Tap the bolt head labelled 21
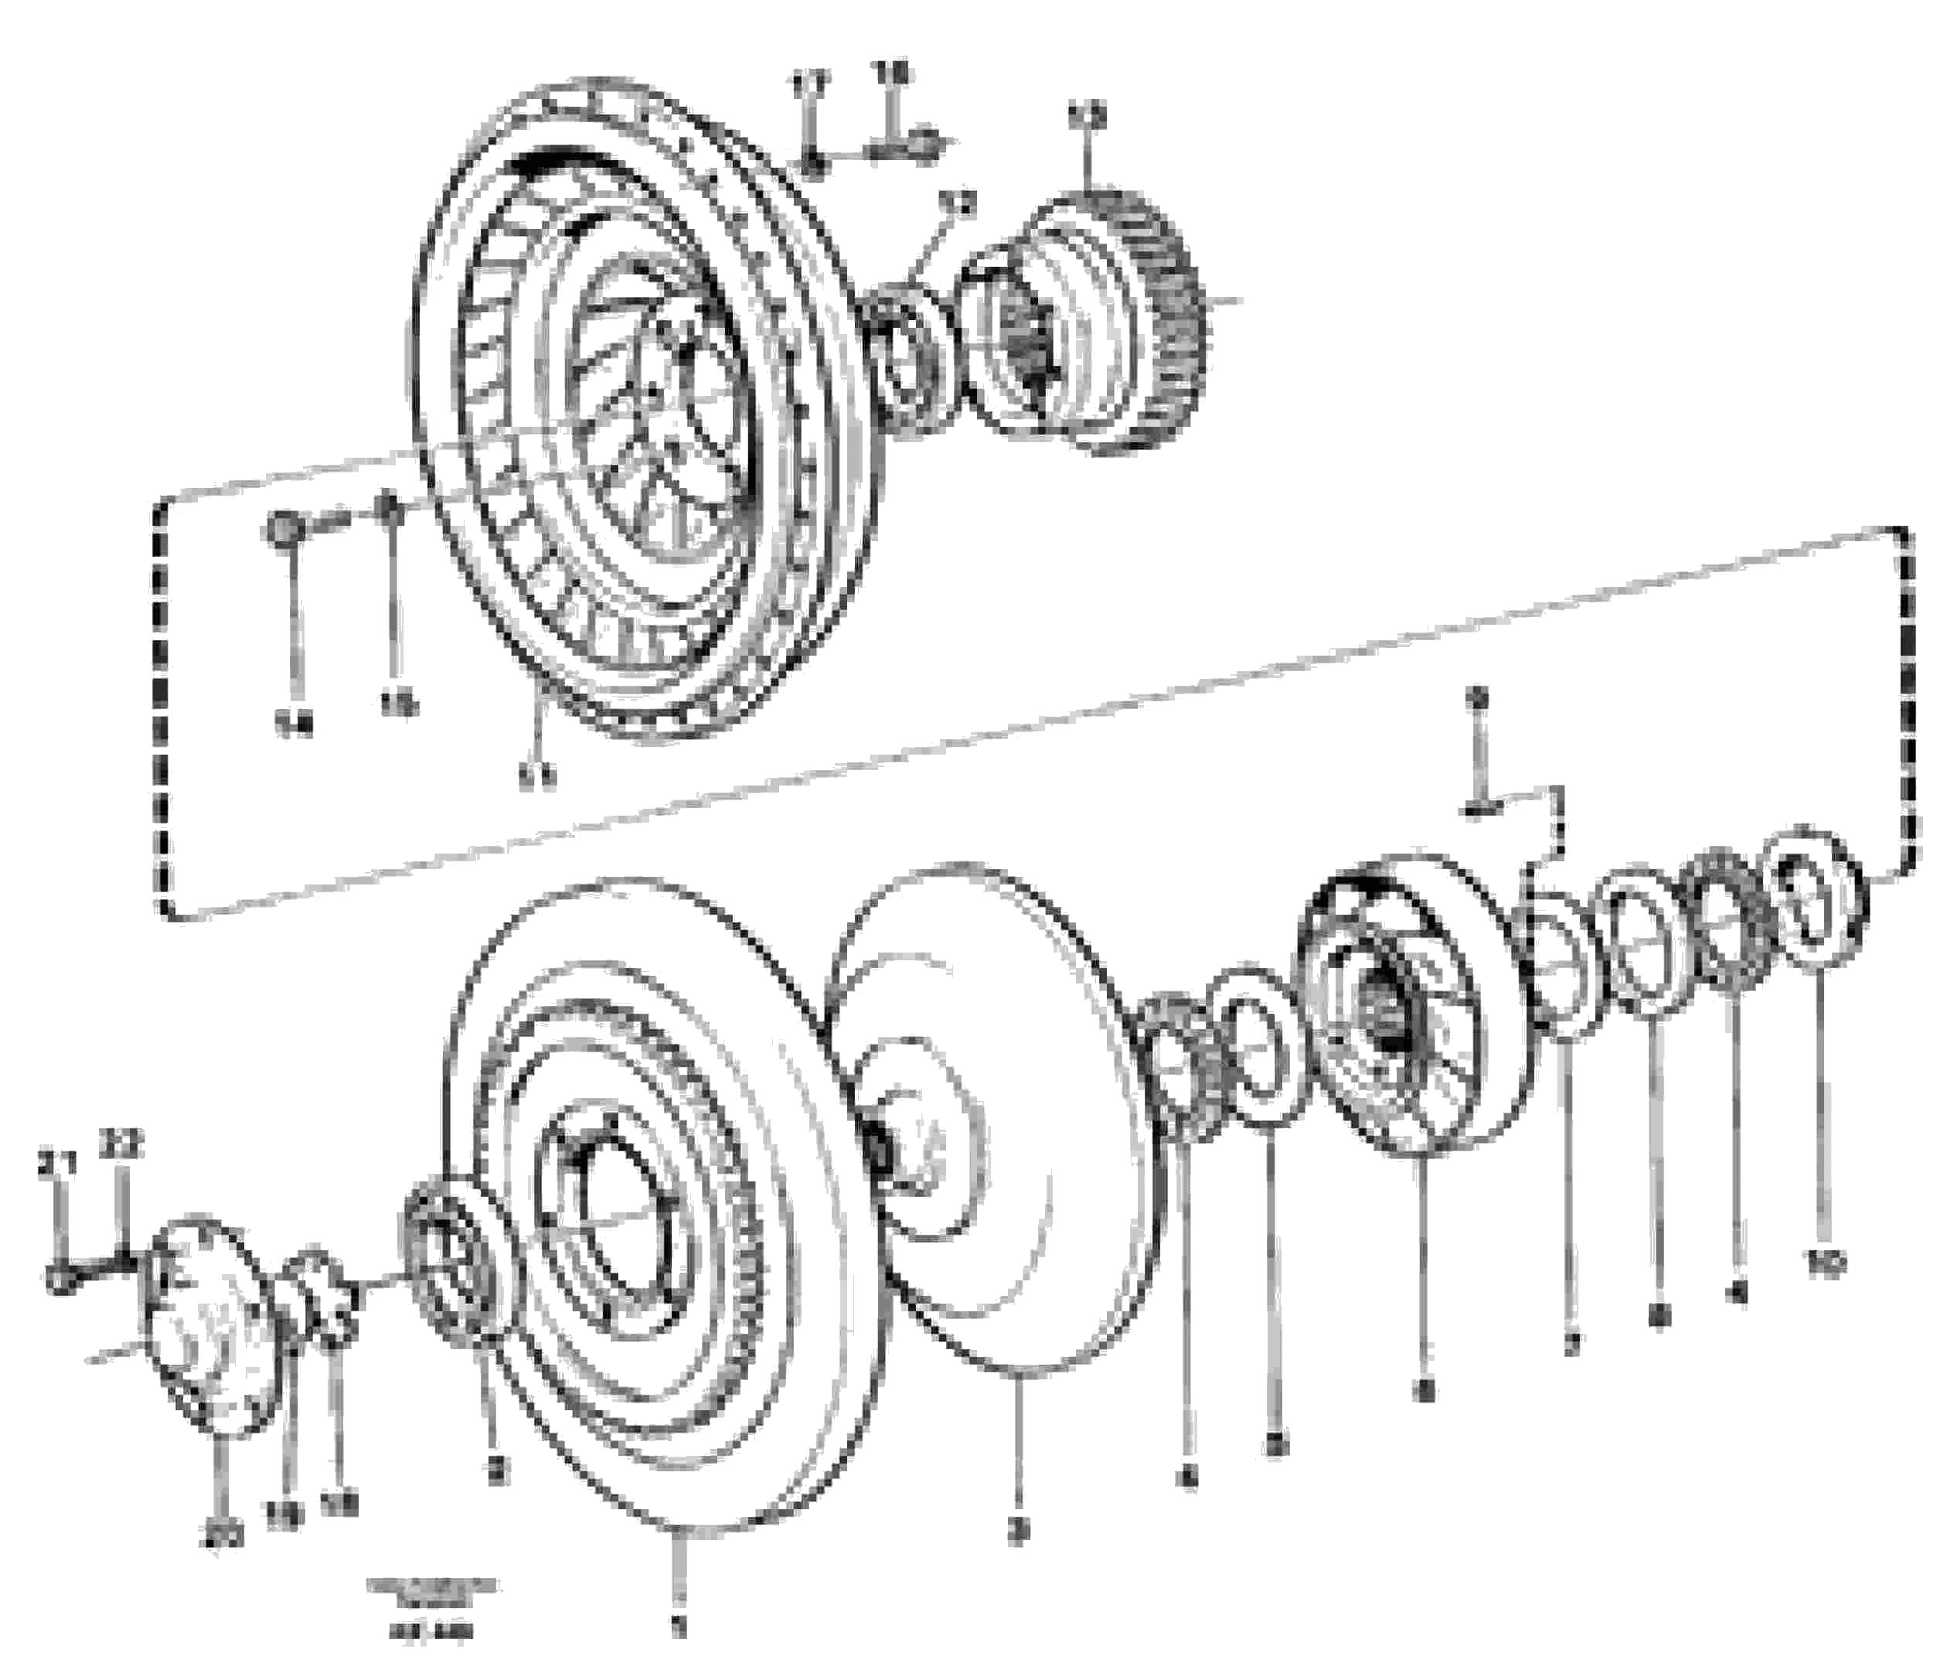click(x=59, y=1280)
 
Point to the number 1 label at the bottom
click(x=676, y=1627)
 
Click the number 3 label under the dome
click(x=1016, y=1532)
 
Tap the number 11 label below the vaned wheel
click(x=536, y=775)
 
